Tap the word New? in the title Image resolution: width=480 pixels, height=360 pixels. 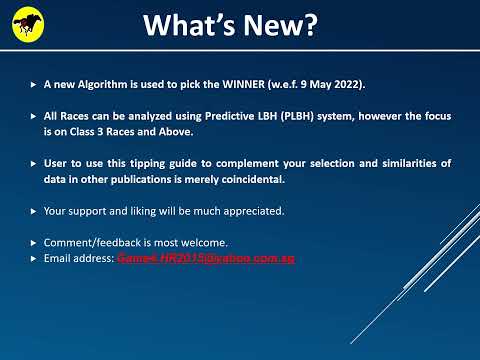[280, 27]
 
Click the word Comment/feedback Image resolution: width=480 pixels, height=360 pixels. [91, 243]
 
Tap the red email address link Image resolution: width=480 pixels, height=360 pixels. [205, 258]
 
